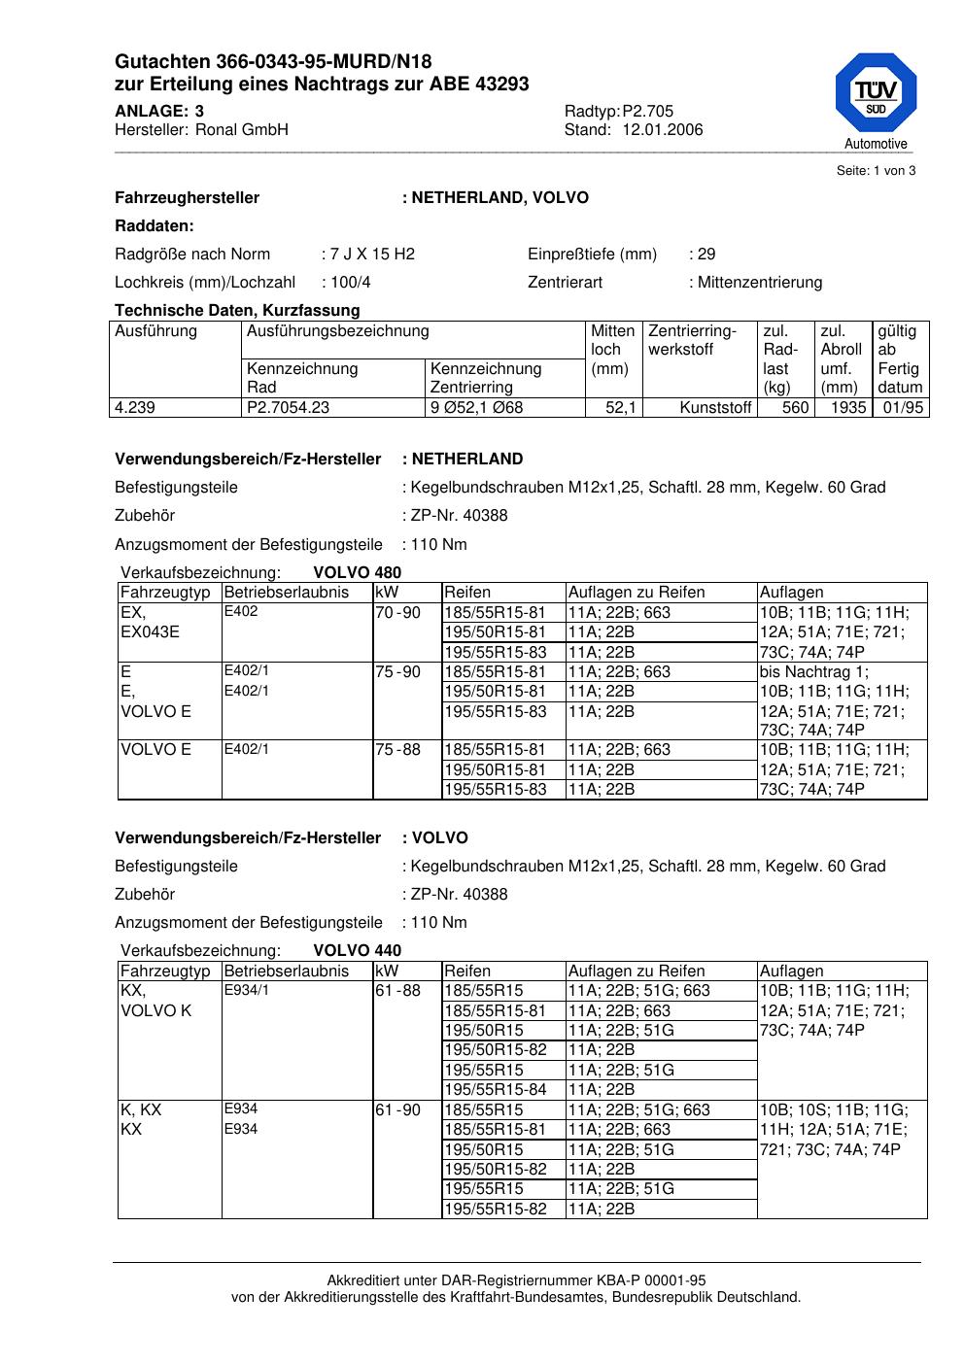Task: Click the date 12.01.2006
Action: click(662, 130)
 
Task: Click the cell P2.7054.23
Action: click(289, 408)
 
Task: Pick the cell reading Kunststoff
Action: click(715, 408)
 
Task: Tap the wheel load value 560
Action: click(796, 408)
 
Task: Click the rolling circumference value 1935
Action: click(847, 408)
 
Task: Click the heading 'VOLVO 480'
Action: click(357, 573)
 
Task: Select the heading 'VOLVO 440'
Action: click(357, 951)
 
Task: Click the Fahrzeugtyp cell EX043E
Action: click(149, 632)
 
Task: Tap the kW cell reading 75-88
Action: click(397, 750)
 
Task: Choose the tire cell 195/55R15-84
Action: click(496, 1090)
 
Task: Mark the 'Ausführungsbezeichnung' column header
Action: click(337, 331)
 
